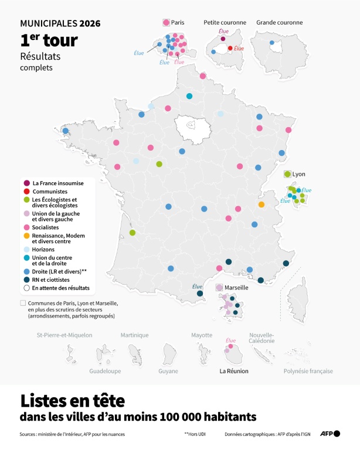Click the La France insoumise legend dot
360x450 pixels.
[27, 183]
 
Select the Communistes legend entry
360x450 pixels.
[50, 192]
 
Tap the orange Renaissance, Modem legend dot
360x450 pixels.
[27, 236]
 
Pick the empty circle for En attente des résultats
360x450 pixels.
[27, 288]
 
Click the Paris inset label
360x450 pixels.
[178, 22]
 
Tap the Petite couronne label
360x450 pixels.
[225, 22]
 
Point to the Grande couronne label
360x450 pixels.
[278, 22]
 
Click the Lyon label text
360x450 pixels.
[299, 174]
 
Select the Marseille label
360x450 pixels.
[237, 288]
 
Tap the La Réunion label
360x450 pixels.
[234, 371]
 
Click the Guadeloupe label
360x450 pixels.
[105, 371]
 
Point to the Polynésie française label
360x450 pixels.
[308, 371]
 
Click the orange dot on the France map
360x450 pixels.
[261, 204]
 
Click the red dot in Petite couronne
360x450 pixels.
[230, 48]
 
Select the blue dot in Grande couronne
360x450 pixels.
[271, 42]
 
